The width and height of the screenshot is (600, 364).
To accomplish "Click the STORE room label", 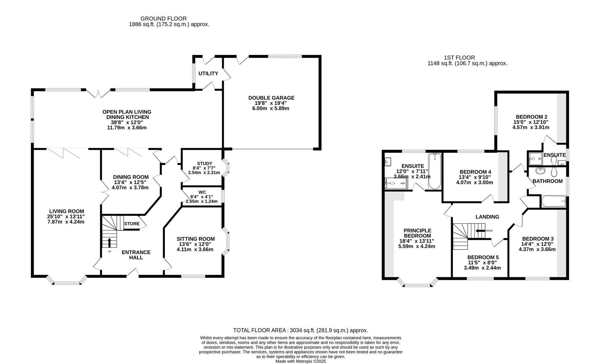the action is pyautogui.click(x=132, y=224).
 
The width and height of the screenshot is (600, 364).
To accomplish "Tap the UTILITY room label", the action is pyautogui.click(x=208, y=74).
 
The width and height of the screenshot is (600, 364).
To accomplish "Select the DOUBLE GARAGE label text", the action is pyautogui.click(x=271, y=98).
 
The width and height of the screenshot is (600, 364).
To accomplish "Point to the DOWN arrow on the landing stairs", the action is pyautogui.click(x=480, y=231).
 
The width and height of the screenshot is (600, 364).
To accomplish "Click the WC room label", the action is pyautogui.click(x=202, y=192).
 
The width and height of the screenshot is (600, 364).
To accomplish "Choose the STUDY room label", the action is pyautogui.click(x=205, y=163).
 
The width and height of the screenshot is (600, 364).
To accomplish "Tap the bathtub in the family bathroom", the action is pyautogui.click(x=553, y=202).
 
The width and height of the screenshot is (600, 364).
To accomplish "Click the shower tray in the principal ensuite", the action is pyautogui.click(x=396, y=184).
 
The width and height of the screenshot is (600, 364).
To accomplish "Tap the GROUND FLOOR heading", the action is pyautogui.click(x=163, y=19).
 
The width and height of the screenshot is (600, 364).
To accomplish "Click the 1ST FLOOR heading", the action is pyautogui.click(x=459, y=58).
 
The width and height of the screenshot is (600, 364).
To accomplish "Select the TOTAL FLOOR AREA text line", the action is pyautogui.click(x=301, y=330).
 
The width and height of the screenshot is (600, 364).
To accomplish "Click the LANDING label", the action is pyautogui.click(x=487, y=217).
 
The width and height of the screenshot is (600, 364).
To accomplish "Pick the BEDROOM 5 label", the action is pyautogui.click(x=483, y=257).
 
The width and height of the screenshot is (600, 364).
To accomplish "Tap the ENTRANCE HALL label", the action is pyautogui.click(x=136, y=255).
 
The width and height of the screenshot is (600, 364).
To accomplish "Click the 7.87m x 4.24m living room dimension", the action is pyautogui.click(x=67, y=222).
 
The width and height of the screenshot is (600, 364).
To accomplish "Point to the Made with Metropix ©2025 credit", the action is pyautogui.click(x=301, y=361).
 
